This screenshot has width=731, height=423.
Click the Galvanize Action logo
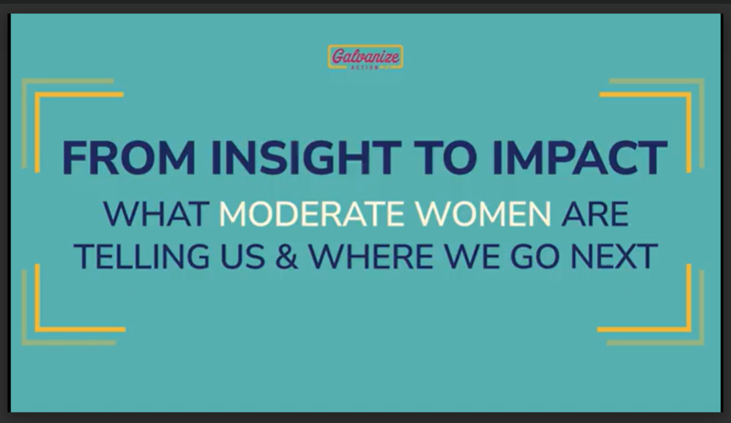click(365, 58)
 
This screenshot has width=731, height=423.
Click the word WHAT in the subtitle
click(156, 214)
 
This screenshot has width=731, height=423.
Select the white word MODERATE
click(312, 214)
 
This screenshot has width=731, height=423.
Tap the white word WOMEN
click(483, 214)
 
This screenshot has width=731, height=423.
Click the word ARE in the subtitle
click(595, 214)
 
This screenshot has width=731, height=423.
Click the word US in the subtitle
click(243, 257)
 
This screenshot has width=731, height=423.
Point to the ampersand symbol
click(286, 257)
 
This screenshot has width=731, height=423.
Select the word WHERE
click(371, 257)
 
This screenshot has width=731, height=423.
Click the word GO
click(535, 257)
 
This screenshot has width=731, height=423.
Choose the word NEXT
click(614, 257)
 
